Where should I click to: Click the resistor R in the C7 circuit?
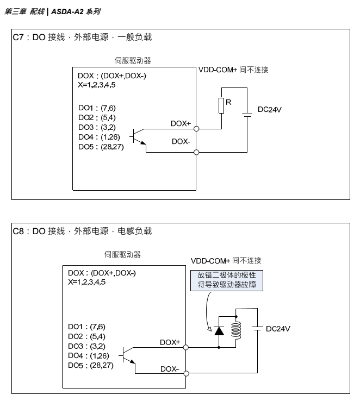click(221, 105)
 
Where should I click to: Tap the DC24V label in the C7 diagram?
click(270, 109)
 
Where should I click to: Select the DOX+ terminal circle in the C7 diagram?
click(196, 129)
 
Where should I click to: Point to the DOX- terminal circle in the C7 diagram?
click(196, 153)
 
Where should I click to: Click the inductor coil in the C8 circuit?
click(236, 329)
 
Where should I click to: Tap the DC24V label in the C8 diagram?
click(278, 329)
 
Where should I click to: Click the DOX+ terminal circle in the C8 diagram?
click(186, 347)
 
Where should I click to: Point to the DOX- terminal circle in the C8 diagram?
click(186, 374)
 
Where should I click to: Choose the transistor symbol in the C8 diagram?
click(128, 356)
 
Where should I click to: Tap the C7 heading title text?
click(82, 37)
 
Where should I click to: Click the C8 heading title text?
click(82, 231)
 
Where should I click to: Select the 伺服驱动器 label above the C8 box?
click(122, 254)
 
